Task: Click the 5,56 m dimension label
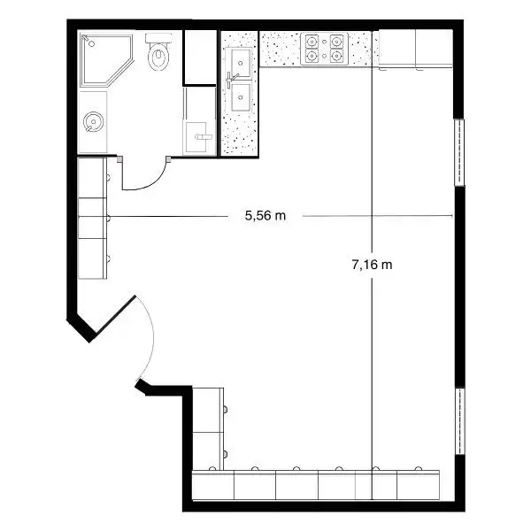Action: pyautogui.click(x=265, y=216)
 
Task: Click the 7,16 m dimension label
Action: pyautogui.click(x=373, y=264)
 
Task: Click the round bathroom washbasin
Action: pyautogui.click(x=93, y=121)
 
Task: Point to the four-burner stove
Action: pyautogui.click(x=324, y=49)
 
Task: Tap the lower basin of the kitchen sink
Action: pyautogui.click(x=241, y=97)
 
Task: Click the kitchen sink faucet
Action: pyautogui.click(x=231, y=80)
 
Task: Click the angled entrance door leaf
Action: pyautogui.click(x=115, y=314)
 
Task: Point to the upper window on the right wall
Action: pyautogui.click(x=458, y=152)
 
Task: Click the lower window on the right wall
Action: pyautogui.click(x=459, y=421)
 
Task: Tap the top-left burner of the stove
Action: pyautogui.click(x=312, y=42)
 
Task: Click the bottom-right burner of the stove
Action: pyautogui.click(x=336, y=55)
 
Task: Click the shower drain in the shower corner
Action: pyautogui.click(x=91, y=43)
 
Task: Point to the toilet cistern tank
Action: pyautogui.click(x=158, y=37)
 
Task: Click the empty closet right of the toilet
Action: pyautogui.click(x=200, y=57)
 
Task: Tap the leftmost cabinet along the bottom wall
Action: pyautogui.click(x=213, y=485)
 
